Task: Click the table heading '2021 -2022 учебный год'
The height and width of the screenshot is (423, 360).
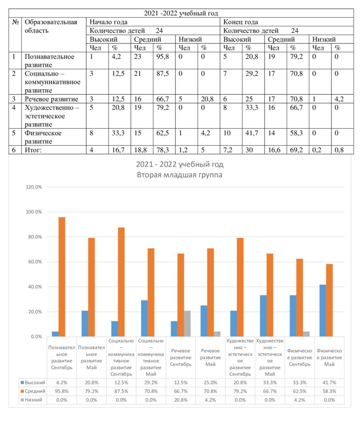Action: tap(181, 13)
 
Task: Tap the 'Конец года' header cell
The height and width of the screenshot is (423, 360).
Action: tap(240, 22)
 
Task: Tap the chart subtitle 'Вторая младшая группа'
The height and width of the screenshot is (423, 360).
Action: tap(180, 174)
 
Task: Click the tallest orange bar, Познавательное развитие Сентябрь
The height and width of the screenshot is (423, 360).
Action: tap(62, 277)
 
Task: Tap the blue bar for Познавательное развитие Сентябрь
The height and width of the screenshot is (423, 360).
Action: tap(55, 334)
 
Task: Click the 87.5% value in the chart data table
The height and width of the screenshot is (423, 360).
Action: tap(121, 391)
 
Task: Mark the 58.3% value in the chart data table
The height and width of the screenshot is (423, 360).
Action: tap(329, 391)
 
